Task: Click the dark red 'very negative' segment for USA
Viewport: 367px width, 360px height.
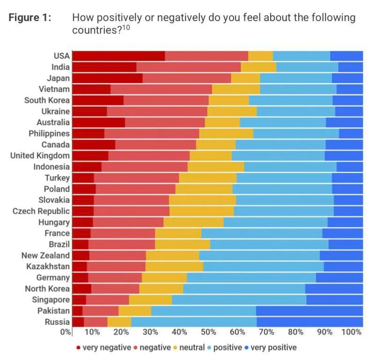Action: point(119,56)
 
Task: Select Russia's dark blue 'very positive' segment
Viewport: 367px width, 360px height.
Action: point(309,322)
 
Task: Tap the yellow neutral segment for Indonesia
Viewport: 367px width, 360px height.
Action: point(216,167)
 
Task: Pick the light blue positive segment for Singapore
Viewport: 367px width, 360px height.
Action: point(239,300)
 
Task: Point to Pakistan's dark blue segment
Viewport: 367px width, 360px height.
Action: point(309,311)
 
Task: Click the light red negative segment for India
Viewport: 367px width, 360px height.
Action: point(188,67)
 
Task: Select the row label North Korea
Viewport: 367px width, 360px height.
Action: point(47,289)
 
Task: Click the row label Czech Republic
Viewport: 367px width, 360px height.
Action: point(41,211)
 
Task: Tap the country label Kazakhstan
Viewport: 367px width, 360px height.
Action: point(45,266)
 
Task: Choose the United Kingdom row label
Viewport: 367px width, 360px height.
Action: point(40,156)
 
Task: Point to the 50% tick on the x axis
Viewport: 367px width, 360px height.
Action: point(208,332)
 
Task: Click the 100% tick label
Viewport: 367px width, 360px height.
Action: point(352,332)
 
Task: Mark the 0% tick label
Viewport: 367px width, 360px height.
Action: point(66,332)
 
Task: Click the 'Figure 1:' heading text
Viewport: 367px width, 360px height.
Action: point(30,18)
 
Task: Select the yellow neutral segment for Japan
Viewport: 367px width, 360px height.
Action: point(245,78)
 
